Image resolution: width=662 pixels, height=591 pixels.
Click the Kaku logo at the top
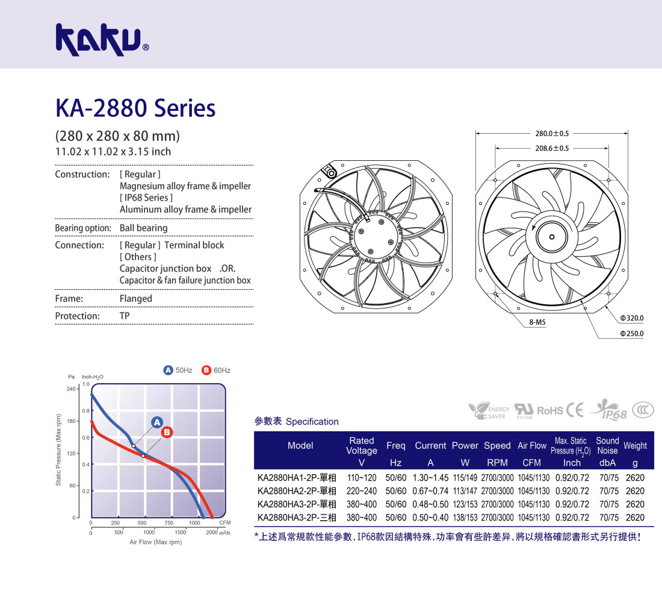102,40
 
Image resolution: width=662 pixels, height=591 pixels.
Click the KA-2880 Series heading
135,108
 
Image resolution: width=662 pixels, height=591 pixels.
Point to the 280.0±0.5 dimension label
552,134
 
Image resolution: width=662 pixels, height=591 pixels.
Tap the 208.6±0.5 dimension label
552,148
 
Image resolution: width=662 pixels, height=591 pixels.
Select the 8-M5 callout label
537,322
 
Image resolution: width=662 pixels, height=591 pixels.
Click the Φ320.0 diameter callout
631,318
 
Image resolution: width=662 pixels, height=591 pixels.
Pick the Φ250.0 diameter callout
631,334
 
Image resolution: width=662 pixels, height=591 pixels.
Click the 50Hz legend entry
178,371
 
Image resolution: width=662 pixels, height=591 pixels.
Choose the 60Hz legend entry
215,371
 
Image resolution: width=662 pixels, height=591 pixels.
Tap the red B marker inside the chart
167,432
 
